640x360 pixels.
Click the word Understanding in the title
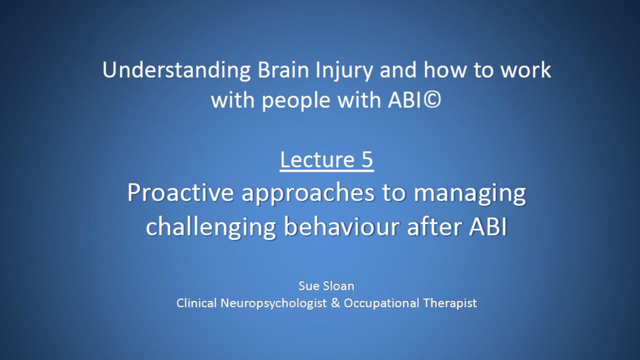pyautogui.click(x=176, y=70)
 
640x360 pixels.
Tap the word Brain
pyautogui.click(x=283, y=70)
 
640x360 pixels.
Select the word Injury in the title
pyautogui.click(x=344, y=72)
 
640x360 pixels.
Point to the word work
pyautogui.click(x=526, y=70)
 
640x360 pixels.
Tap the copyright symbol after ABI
pyautogui.click(x=432, y=100)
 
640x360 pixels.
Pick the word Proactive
pyautogui.click(x=180, y=192)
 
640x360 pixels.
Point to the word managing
pyautogui.click(x=470, y=194)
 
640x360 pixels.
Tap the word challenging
pyautogui.click(x=211, y=227)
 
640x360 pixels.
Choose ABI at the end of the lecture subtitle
pyautogui.click(x=488, y=227)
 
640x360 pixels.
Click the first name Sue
pyautogui.click(x=308, y=286)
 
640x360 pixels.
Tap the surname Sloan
pyautogui.click(x=338, y=286)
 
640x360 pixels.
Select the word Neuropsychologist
pyautogui.click(x=274, y=304)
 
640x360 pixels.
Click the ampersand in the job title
pyautogui.click(x=336, y=303)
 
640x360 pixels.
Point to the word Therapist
pyautogui.click(x=450, y=304)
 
